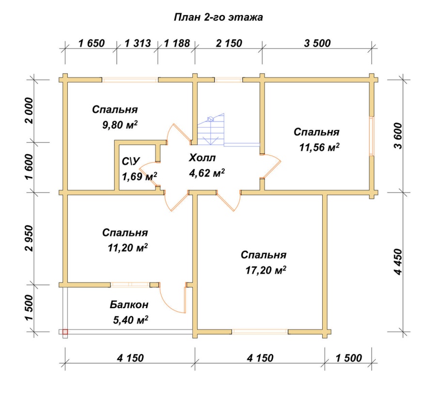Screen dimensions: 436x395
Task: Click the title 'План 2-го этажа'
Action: pyautogui.click(x=218, y=17)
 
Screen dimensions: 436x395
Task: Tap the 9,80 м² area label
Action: pyautogui.click(x=120, y=125)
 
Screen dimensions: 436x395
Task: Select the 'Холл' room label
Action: pyautogui.click(x=202, y=158)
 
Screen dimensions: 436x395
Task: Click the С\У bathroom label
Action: pyautogui.click(x=131, y=161)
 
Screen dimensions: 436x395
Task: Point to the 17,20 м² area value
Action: pyautogui.click(x=266, y=270)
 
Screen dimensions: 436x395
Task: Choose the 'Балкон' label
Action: pyautogui.click(x=129, y=304)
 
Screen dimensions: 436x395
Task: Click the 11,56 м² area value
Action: pyautogui.click(x=319, y=147)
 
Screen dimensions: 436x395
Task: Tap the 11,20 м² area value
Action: pyautogui.click(x=127, y=247)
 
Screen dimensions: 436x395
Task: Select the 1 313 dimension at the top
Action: pyautogui.click(x=138, y=44)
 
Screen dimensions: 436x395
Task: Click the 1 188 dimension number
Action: pyautogui.click(x=177, y=44)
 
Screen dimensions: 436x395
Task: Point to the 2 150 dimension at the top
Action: pyautogui.click(x=229, y=44)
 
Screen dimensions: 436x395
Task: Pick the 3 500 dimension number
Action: pyautogui.click(x=317, y=44)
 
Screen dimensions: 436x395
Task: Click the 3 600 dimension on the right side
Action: pyautogui.click(x=398, y=136)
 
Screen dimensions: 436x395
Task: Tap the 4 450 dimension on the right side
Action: pyautogui.click(x=398, y=262)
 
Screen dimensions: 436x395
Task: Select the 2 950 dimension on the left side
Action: pyautogui.click(x=29, y=238)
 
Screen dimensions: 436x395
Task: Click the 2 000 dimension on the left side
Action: pyautogui.click(x=29, y=111)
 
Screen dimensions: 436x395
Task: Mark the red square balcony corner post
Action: pyautogui.click(x=65, y=332)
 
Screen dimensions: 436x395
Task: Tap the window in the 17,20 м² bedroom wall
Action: pyautogui.click(x=260, y=332)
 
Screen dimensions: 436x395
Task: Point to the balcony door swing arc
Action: pyautogui.click(x=168, y=302)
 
